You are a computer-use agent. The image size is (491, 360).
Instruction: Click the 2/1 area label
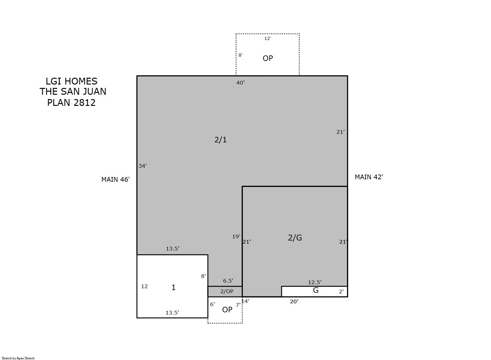click(221, 140)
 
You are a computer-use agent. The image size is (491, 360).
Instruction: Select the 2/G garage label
click(295, 238)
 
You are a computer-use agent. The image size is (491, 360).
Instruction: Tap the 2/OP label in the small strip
click(227, 291)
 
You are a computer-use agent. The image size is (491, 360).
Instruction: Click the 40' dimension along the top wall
click(240, 83)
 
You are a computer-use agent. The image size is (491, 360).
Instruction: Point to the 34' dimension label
click(142, 166)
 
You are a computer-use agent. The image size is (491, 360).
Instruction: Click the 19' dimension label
click(236, 236)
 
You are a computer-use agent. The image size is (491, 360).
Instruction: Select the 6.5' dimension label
click(228, 281)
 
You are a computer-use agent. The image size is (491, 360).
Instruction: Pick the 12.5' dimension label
click(315, 282)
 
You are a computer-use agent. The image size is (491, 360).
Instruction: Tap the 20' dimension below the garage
click(294, 301)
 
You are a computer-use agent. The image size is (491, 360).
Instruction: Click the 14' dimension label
click(245, 301)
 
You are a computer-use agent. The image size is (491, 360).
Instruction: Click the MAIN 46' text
click(116, 180)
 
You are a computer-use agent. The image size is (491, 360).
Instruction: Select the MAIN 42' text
click(369, 177)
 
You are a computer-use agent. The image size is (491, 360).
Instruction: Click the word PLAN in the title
click(58, 102)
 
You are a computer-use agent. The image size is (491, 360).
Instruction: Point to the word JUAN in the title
click(95, 92)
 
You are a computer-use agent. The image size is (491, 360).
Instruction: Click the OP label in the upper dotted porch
click(268, 58)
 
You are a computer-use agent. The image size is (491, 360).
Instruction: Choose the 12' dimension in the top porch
click(267, 39)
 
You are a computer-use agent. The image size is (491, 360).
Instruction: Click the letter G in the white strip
click(316, 290)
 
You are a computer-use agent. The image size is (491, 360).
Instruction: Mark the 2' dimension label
click(341, 292)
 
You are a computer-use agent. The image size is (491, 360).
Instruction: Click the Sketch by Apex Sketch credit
click(18, 358)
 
